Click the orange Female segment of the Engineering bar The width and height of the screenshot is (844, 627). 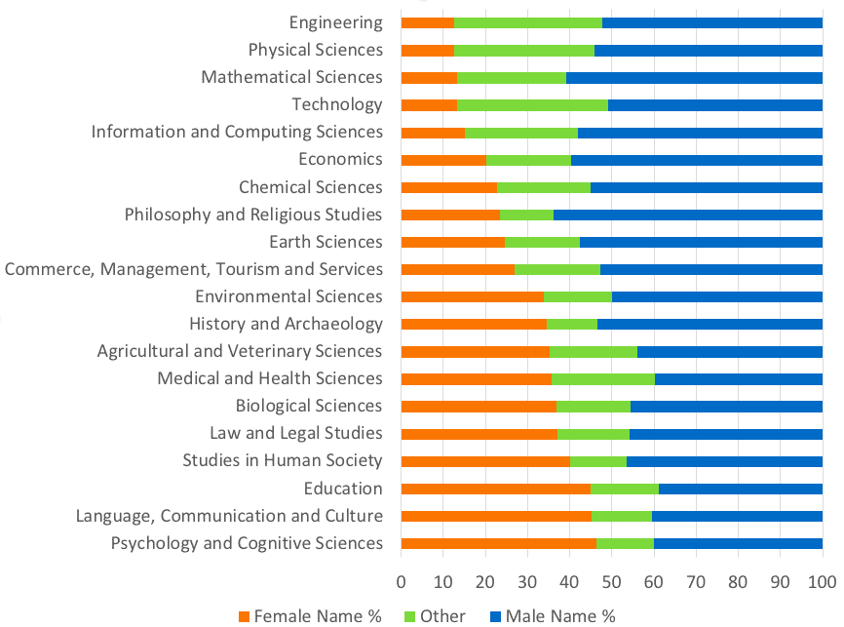pos(427,22)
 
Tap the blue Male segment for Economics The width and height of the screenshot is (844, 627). pos(696,159)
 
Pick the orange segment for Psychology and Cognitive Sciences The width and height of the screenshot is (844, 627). pos(498,543)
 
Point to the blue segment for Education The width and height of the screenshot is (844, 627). pos(740,489)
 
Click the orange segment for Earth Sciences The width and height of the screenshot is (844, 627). pos(452,242)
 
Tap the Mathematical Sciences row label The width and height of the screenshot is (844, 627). pos(291,77)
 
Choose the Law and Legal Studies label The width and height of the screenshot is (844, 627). pos(296,433)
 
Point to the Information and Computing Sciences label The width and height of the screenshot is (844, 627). pos(237,132)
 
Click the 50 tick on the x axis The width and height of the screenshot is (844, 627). pos(611,582)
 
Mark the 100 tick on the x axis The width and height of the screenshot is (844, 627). pos(823,582)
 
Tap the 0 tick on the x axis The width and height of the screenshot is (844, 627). pos(401,582)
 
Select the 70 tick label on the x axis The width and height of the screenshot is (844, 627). pos(696,582)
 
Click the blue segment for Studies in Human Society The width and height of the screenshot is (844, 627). pos(724,461)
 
